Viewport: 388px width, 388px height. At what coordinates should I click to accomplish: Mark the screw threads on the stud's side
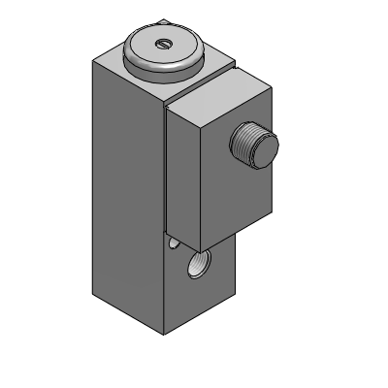tap(244, 150)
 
